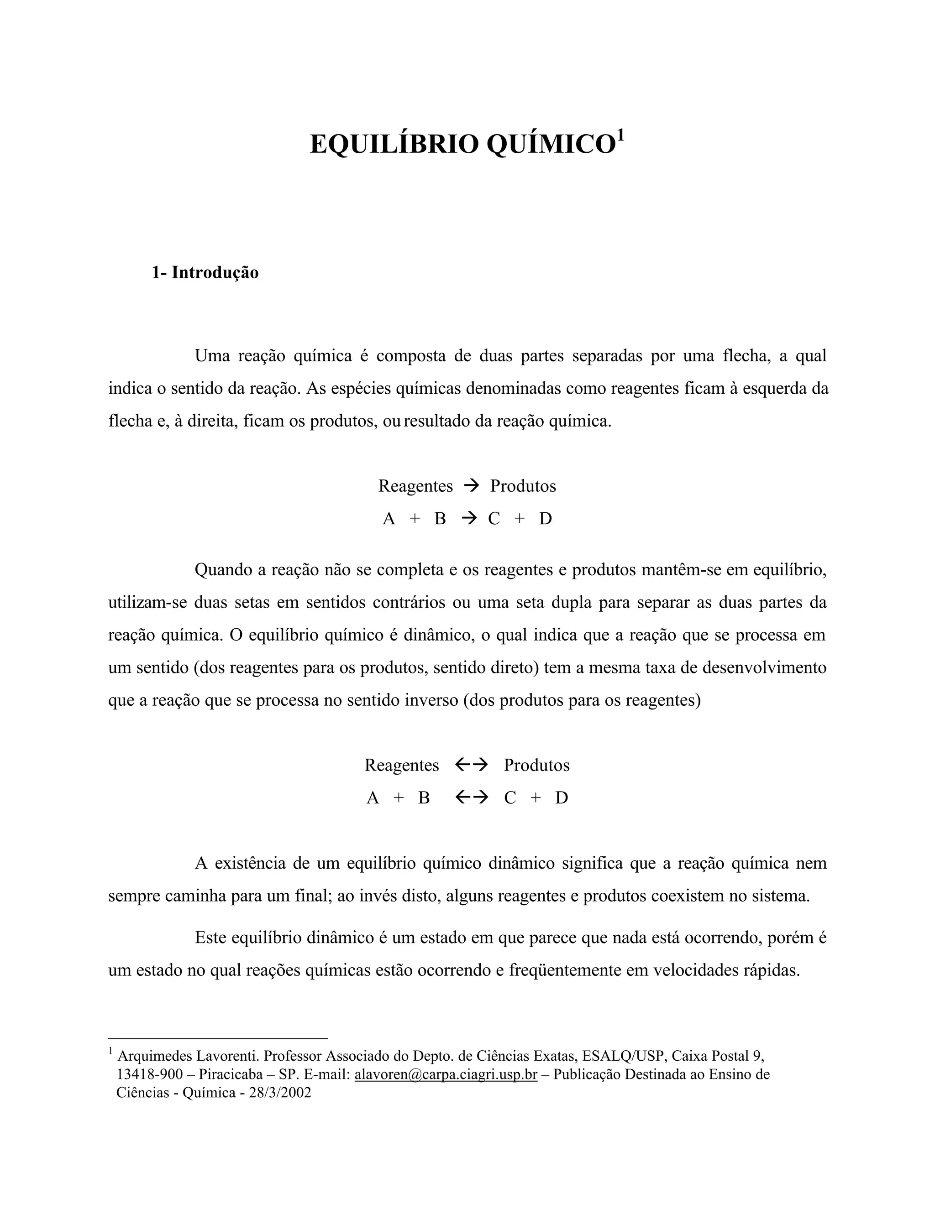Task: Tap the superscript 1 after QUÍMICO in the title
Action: coord(620,135)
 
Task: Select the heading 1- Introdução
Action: coord(205,273)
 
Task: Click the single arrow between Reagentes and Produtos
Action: coord(471,485)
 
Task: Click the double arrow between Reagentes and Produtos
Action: coord(471,765)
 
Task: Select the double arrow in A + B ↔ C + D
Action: coord(471,797)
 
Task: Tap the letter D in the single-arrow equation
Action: coord(546,519)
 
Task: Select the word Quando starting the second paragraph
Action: coord(223,570)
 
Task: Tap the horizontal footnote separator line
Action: coord(218,1039)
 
